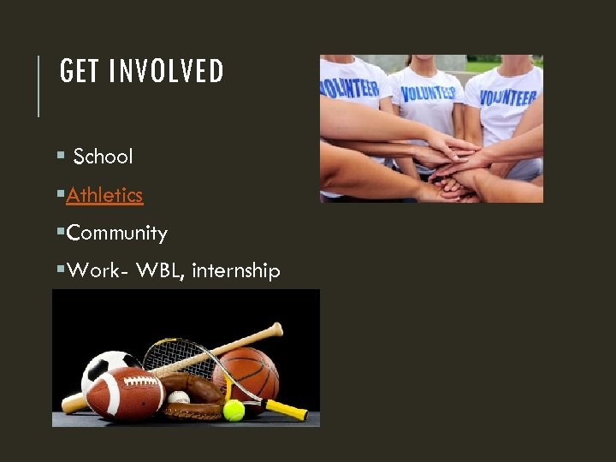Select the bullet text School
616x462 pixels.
(104, 157)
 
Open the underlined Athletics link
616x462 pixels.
(104, 195)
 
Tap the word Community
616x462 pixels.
(117, 233)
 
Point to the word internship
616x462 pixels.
(236, 271)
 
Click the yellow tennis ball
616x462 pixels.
(234, 411)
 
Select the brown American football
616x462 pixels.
(125, 394)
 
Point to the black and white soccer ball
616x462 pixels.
(106, 366)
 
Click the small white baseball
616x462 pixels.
(179, 398)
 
